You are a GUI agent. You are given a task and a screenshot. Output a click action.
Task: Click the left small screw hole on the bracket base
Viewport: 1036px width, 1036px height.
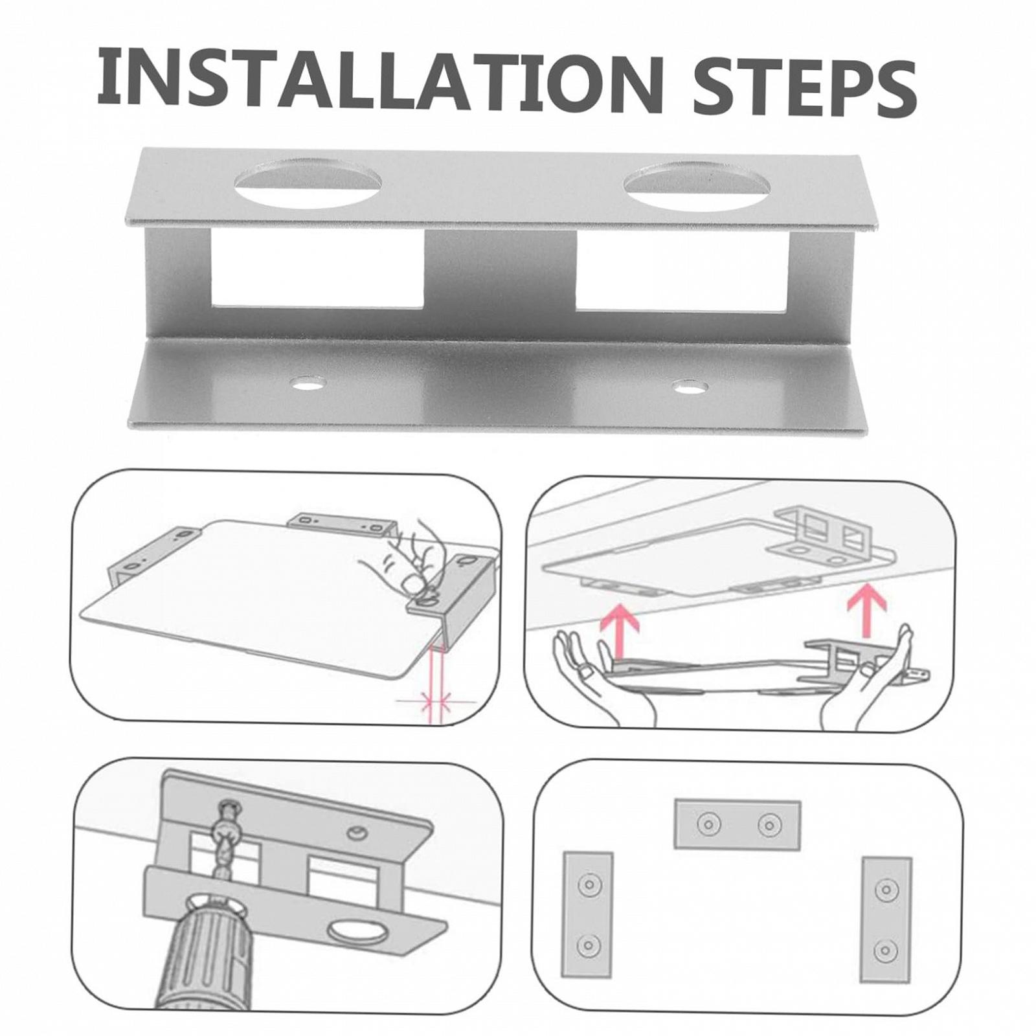click(307, 384)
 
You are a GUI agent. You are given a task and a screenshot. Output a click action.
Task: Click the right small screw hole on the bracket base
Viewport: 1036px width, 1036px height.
click(690, 388)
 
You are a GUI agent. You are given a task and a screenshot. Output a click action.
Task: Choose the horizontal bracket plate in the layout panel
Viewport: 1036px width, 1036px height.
click(738, 824)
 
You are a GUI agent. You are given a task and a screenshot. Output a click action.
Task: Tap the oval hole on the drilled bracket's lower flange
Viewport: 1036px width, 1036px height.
click(355, 934)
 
